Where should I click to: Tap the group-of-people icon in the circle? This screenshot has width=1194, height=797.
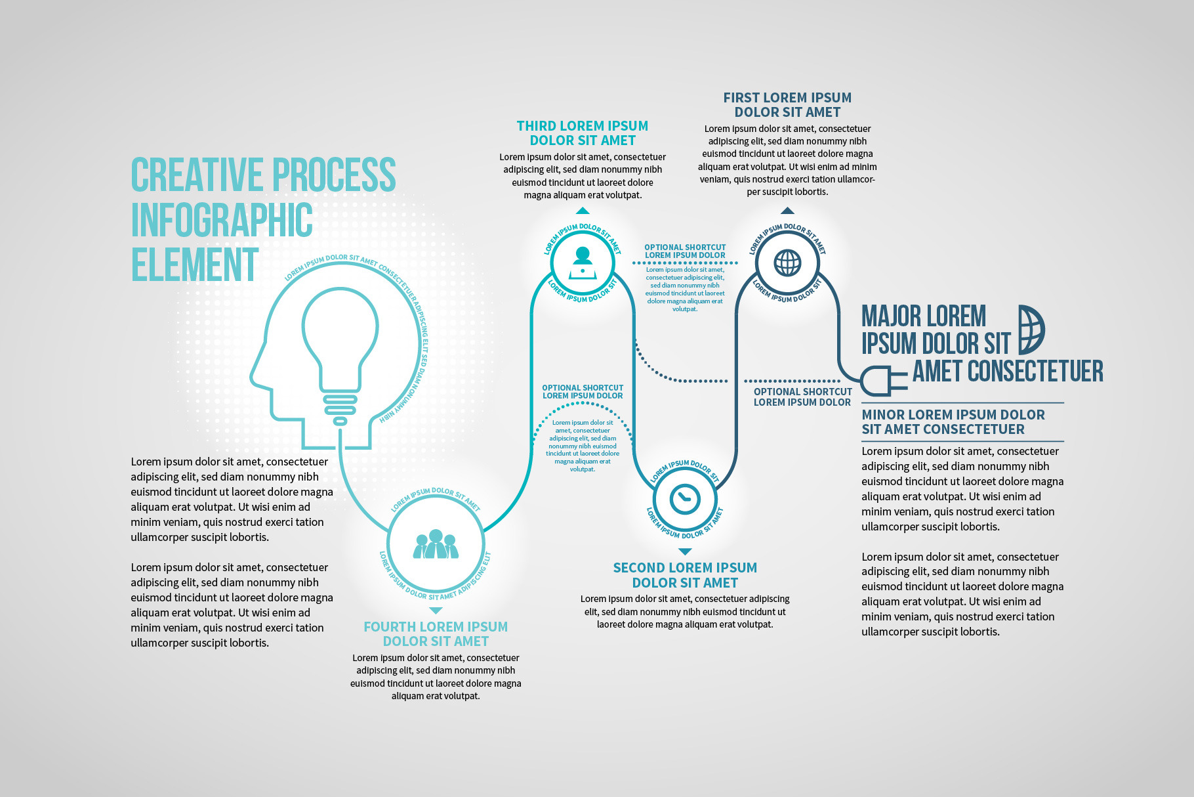pyautogui.click(x=436, y=544)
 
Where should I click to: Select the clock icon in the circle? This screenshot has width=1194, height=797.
pyautogui.click(x=685, y=499)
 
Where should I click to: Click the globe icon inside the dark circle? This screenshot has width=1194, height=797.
pyautogui.click(x=787, y=263)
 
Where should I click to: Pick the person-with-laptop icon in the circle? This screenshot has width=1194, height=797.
pyautogui.click(x=583, y=263)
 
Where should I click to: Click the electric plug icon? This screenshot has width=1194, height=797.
pyautogui.click(x=882, y=381)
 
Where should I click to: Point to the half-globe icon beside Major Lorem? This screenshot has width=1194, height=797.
pyautogui.click(x=1031, y=330)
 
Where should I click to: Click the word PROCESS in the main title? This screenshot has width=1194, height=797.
pyautogui.click(x=334, y=175)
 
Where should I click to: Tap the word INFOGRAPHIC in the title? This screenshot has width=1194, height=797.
pyautogui.click(x=222, y=220)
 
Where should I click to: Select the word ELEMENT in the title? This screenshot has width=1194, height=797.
pyautogui.click(x=195, y=265)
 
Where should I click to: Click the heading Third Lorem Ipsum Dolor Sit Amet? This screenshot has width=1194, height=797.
pyautogui.click(x=583, y=133)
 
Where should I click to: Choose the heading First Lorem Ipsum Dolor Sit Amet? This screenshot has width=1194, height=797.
pyautogui.click(x=787, y=105)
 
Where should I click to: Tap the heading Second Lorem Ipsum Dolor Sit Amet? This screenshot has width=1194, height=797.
pyautogui.click(x=685, y=575)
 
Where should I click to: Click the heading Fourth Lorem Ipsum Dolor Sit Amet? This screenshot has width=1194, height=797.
pyautogui.click(x=436, y=634)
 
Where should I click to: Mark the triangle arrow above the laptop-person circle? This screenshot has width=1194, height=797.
pyautogui.click(x=583, y=211)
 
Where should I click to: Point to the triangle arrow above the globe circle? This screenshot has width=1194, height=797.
pyautogui.click(x=787, y=211)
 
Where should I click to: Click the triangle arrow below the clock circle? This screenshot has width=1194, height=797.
pyautogui.click(x=685, y=551)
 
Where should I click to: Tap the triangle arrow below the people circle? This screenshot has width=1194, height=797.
pyautogui.click(x=436, y=611)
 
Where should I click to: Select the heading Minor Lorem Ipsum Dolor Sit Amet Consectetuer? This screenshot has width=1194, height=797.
pyautogui.click(x=953, y=422)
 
